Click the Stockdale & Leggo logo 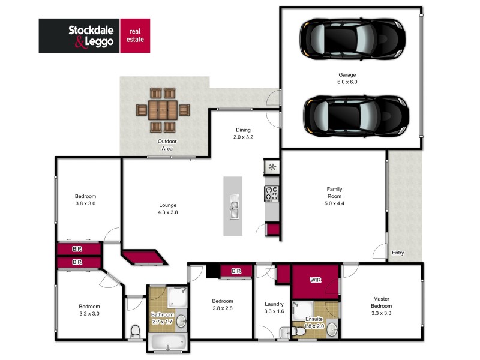pos(94,35)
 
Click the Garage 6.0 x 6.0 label pos(347,79)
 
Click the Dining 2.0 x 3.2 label pos(243,133)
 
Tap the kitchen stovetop pos(271,193)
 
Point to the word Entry pos(398,253)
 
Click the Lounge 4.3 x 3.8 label pos(167,209)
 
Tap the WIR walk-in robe pos(316,280)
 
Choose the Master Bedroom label pos(381,302)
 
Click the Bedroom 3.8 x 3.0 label pos(85,200)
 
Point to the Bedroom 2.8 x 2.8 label pos(222,305)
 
